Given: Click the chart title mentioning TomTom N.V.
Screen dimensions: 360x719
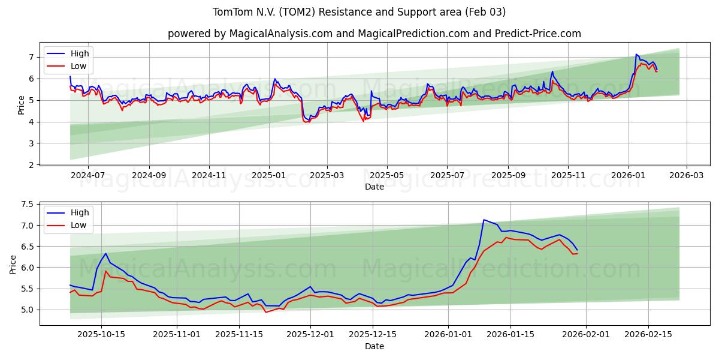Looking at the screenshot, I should [359, 12].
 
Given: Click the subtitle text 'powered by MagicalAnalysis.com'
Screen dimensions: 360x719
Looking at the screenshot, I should [250, 34].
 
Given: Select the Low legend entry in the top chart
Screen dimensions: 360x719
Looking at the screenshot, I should [78, 66].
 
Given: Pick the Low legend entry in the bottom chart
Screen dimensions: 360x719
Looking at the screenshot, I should [78, 225].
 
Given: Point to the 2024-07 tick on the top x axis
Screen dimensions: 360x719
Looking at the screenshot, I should [88, 175].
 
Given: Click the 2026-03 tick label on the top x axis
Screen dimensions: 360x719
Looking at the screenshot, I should [687, 175].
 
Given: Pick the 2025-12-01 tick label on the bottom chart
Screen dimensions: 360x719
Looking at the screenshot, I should [310, 335].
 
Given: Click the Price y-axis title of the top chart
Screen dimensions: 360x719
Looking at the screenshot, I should [22, 104].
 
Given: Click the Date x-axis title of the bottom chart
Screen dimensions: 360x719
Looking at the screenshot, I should [374, 346].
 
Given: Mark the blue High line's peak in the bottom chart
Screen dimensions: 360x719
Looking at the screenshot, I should [484, 220].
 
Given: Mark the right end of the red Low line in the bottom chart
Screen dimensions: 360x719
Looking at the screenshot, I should [577, 254].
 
